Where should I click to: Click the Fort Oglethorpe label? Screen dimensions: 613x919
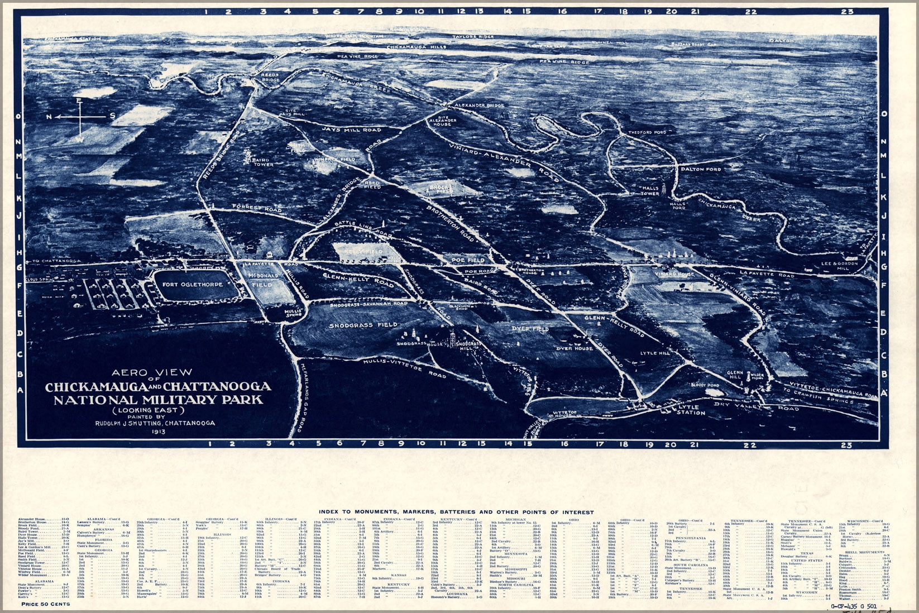[x=192, y=284]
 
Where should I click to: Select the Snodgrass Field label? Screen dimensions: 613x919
[x=363, y=325]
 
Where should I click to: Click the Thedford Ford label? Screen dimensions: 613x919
[x=647, y=132]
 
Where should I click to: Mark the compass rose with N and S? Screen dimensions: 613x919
[x=82, y=117]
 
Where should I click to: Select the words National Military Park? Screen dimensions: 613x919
[x=157, y=400]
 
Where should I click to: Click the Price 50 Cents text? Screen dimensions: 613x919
[x=45, y=604]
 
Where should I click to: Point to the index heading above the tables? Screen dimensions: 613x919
[x=456, y=512]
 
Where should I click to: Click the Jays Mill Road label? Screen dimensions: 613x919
[x=351, y=130]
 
